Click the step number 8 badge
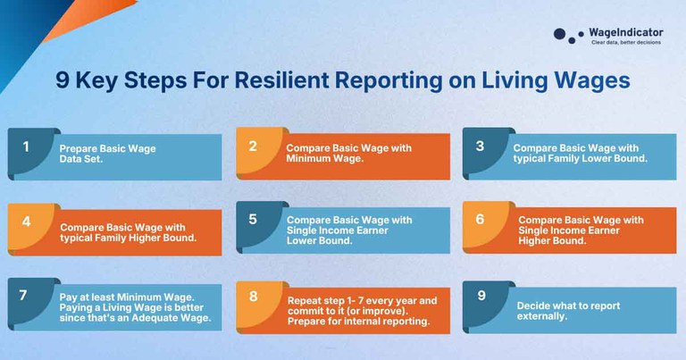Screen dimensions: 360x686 coord(254,296)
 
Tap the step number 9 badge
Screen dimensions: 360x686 coord(481,296)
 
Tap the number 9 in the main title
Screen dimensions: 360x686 coord(63,80)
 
